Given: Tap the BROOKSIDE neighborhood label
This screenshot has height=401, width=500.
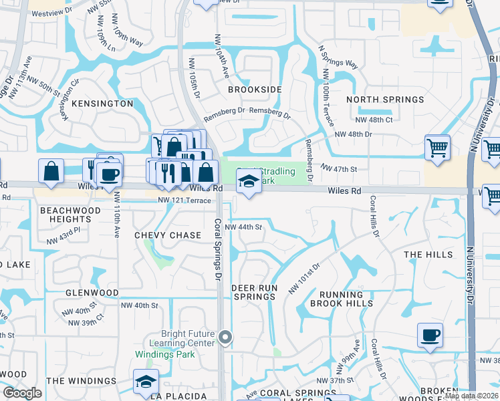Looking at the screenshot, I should tap(255, 89).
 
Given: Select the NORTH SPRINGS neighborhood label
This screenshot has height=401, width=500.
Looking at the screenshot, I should tap(385, 100).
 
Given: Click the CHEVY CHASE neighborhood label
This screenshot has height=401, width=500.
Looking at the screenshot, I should tap(168, 235).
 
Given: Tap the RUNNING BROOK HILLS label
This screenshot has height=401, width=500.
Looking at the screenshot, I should tap(341, 299).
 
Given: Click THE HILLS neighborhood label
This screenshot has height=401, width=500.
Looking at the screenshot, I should tap(428, 255).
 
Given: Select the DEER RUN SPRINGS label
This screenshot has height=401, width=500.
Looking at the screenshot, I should tap(254, 292).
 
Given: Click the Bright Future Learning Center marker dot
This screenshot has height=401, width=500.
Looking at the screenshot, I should tap(225, 338).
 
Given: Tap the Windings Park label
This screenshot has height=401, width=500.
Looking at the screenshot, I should tap(165, 354).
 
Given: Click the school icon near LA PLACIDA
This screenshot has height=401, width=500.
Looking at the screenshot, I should tap(145, 381).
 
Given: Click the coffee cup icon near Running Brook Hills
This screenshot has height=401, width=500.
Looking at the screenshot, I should tap(430, 333).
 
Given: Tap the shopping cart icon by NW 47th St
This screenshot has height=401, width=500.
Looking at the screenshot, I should tap(437, 146).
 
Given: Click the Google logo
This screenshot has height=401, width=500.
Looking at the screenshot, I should tap(23, 393).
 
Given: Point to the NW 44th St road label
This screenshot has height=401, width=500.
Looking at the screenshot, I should tap(243, 227).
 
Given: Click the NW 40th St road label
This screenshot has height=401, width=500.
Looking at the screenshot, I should tap(140, 305).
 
